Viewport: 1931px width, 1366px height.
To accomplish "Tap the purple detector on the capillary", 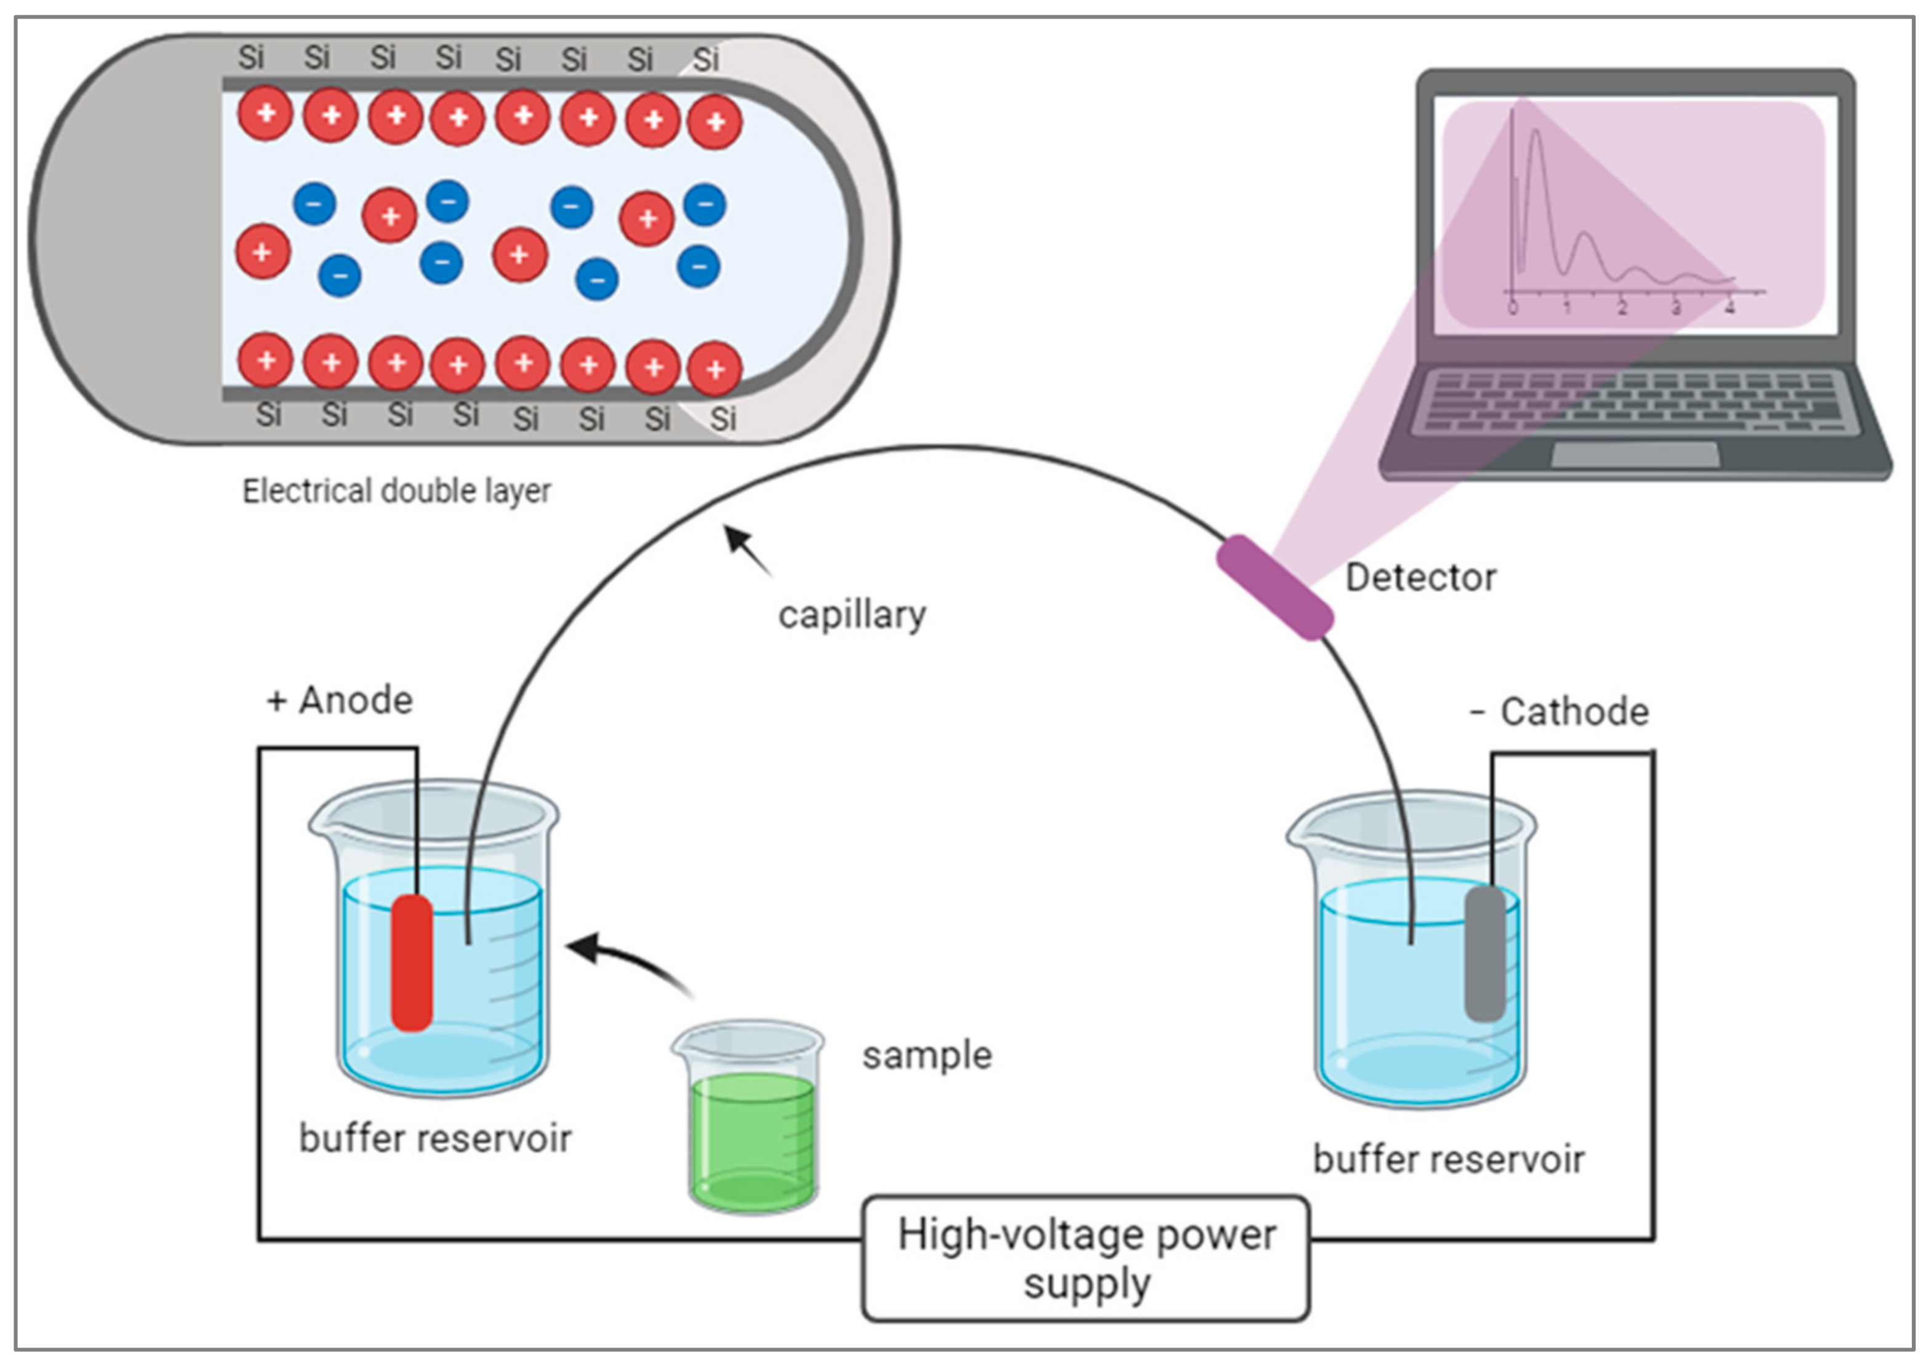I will point(1274,587).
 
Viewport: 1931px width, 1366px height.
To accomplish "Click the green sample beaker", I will point(751,1119).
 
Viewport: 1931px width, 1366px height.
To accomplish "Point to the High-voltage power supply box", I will point(1085,1258).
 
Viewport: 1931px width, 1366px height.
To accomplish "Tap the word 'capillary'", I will point(851,615).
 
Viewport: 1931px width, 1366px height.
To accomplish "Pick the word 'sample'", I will point(927,1056).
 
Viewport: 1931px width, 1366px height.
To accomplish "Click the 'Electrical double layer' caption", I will point(396,490).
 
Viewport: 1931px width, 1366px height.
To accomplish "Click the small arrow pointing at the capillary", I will point(748,551).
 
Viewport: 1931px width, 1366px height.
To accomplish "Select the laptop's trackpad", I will point(1635,454).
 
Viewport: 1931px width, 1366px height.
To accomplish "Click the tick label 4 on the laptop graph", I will point(1730,308).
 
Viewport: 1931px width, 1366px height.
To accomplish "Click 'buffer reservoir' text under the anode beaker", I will point(435,1139).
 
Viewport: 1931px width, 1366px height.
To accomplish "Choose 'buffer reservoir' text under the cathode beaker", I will point(1449,1160).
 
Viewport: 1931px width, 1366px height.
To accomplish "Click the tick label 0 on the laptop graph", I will point(1513,308).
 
